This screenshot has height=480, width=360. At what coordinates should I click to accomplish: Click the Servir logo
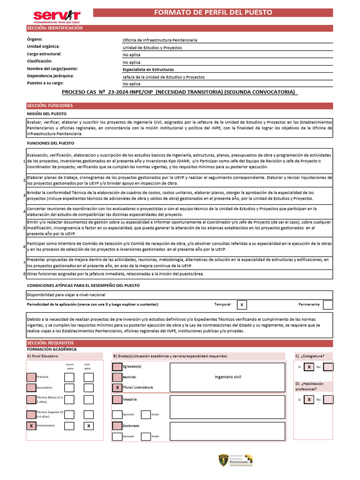[x=57, y=16]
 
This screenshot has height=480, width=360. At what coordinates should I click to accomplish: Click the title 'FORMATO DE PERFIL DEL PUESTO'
[x=220, y=13]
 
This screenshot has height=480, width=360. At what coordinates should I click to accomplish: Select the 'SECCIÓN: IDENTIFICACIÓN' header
[x=55, y=28]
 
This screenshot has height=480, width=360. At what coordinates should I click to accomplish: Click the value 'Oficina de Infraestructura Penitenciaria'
[x=160, y=40]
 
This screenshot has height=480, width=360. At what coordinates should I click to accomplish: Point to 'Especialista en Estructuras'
[x=148, y=69]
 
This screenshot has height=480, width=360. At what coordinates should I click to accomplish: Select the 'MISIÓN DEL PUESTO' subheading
[x=46, y=114]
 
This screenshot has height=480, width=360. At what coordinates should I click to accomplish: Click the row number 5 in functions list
[x=24, y=228]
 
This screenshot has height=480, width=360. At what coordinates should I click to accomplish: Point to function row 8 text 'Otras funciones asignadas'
[x=115, y=274]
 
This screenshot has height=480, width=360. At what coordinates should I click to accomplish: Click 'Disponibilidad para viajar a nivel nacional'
[x=66, y=294]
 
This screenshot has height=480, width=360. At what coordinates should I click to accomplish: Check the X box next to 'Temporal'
[x=241, y=305]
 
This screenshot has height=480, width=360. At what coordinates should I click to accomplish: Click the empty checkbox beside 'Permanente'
[x=328, y=305]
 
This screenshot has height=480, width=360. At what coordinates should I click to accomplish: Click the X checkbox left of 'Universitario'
[x=31, y=426]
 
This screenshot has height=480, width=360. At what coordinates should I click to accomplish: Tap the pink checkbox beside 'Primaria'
[x=31, y=377]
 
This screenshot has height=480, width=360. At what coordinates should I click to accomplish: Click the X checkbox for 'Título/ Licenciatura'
[x=117, y=388]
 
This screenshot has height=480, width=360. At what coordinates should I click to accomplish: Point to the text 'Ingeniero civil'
[x=228, y=377]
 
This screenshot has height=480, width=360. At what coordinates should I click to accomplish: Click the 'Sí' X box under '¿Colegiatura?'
[x=309, y=367]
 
